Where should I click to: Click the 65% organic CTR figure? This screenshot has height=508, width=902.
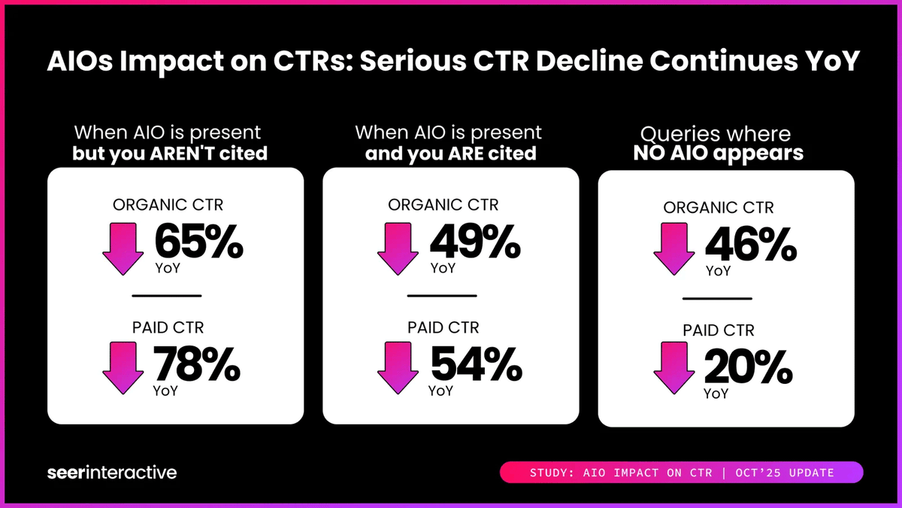pyautogui.click(x=199, y=242)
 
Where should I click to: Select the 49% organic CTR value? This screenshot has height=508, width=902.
pyautogui.click(x=474, y=242)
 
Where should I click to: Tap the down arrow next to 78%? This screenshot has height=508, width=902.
pyautogui.click(x=123, y=367)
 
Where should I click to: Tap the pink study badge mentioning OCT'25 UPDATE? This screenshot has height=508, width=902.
pyautogui.click(x=682, y=473)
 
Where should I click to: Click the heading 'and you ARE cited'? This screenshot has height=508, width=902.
pyautogui.click(x=450, y=154)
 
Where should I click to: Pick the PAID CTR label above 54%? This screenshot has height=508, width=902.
pyautogui.click(x=443, y=327)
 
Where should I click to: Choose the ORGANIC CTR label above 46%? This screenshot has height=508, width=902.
pyautogui.click(x=718, y=208)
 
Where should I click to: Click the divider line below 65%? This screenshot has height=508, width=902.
pyautogui.click(x=167, y=295)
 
